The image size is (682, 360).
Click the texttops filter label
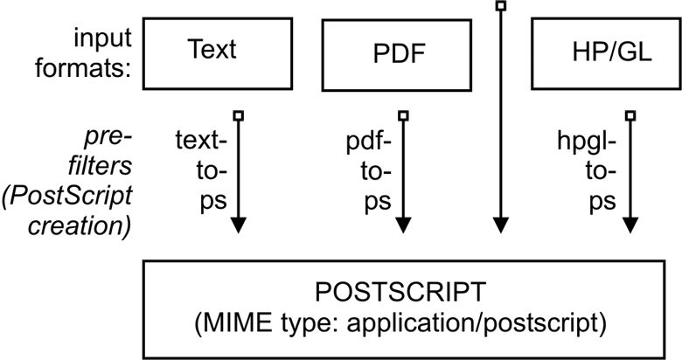pyautogui.click(x=201, y=170)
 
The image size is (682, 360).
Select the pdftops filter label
pyautogui.click(x=366, y=170)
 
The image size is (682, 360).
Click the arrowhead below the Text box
pyautogui.click(x=238, y=225)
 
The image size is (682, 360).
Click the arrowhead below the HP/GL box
pyautogui.click(x=630, y=225)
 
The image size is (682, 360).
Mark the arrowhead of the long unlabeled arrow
pyautogui.click(x=500, y=225)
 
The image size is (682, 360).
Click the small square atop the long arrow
pyautogui.click(x=500, y=6)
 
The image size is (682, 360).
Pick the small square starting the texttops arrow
pyautogui.click(x=238, y=114)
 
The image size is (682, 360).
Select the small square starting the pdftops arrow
pyautogui.click(x=403, y=114)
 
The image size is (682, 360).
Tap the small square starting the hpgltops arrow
pyautogui.click(x=630, y=114)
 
